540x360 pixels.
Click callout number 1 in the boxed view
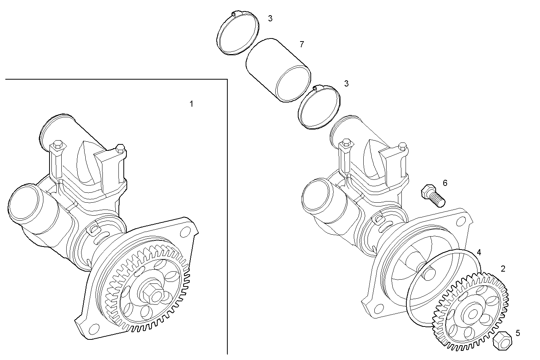192,104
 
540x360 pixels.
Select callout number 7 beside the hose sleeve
302,44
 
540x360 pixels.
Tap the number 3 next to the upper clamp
270,18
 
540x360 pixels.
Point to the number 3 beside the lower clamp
346,83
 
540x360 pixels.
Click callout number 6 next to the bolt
445,183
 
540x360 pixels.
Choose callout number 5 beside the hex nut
518,333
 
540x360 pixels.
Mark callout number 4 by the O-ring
479,252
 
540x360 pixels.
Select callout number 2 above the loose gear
503,269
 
